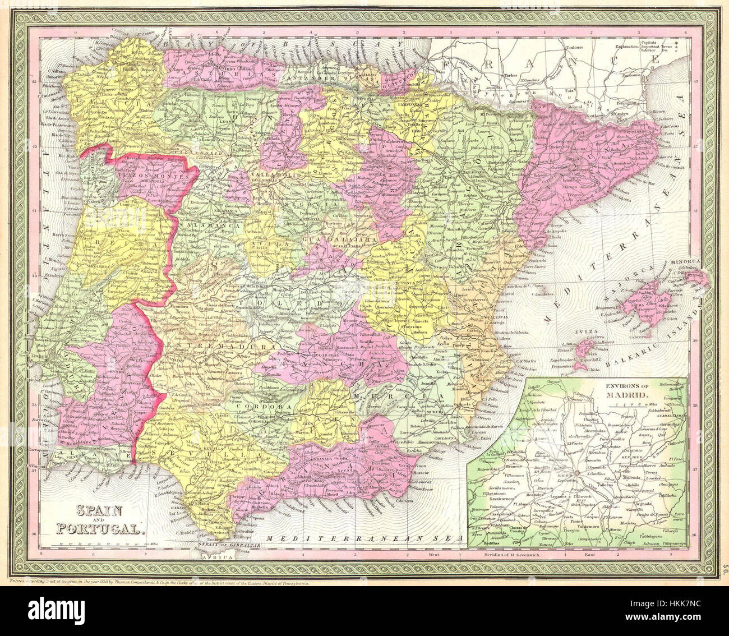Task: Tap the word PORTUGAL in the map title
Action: tap(100, 528)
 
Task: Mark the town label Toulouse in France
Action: tap(577, 48)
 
